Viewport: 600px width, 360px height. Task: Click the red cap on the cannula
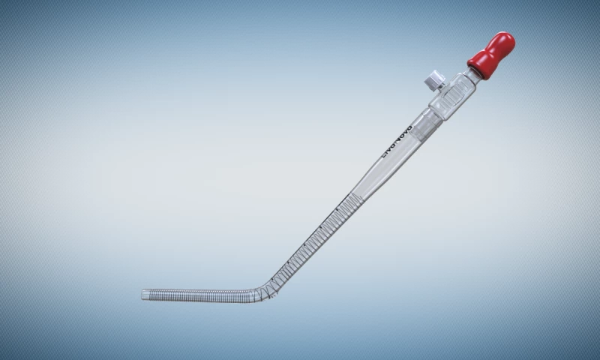490,55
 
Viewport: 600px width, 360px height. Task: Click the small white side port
432,76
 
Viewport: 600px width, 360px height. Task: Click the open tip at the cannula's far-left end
144,294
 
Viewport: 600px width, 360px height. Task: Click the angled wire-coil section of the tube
315,240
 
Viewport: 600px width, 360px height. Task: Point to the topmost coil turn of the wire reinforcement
361,196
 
